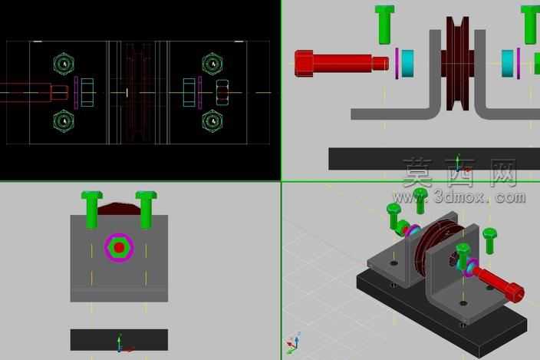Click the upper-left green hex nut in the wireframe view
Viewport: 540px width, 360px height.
tap(64, 64)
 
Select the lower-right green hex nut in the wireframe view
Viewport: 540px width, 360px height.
tap(212, 121)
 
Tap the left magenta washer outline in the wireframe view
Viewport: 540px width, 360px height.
tap(76, 93)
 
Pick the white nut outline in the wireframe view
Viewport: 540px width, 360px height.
tap(222, 93)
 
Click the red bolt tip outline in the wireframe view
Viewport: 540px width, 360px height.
tap(59, 93)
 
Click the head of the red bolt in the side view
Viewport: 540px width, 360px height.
tap(304, 63)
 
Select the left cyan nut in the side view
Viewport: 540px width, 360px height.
tap(408, 64)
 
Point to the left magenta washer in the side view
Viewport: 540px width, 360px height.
tap(397, 64)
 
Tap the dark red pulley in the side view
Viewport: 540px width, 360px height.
tap(458, 64)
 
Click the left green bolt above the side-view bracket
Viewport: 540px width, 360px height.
tap(384, 25)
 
